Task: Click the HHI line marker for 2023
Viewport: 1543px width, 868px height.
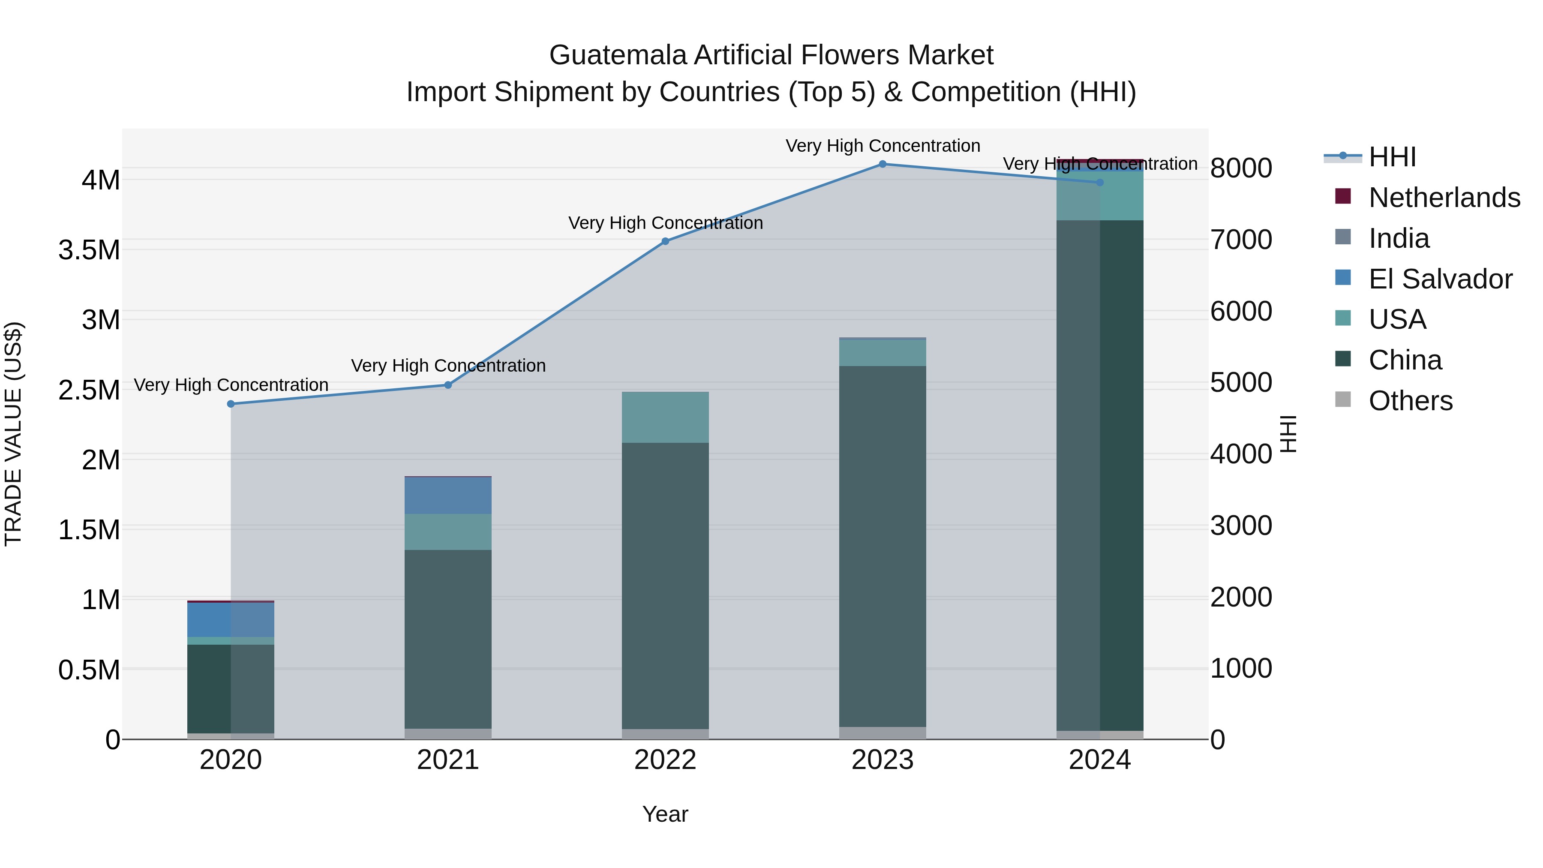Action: click(x=883, y=164)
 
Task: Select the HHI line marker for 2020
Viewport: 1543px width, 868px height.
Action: click(x=231, y=404)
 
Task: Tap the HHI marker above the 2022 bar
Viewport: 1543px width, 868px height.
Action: click(x=665, y=241)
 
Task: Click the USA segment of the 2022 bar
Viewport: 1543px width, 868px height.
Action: click(x=665, y=417)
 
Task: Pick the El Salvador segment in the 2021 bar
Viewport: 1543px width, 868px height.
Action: click(x=448, y=496)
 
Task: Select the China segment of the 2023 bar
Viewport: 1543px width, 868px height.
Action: click(x=883, y=545)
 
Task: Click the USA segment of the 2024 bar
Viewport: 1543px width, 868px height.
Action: click(x=1100, y=196)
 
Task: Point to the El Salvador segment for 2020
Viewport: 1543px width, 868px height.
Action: click(x=231, y=619)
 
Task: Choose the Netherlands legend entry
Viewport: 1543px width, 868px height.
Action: click(x=1444, y=198)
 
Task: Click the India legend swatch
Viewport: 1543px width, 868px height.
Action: click(x=1344, y=238)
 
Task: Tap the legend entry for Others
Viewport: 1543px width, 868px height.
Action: click(x=1410, y=401)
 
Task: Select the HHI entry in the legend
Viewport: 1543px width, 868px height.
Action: click(x=1392, y=157)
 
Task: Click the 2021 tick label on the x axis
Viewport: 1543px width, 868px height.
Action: click(x=448, y=760)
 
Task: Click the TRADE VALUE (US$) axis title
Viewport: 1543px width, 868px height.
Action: click(x=13, y=434)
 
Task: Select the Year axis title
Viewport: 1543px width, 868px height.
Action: click(x=665, y=814)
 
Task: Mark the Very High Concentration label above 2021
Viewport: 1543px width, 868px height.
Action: click(x=448, y=365)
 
